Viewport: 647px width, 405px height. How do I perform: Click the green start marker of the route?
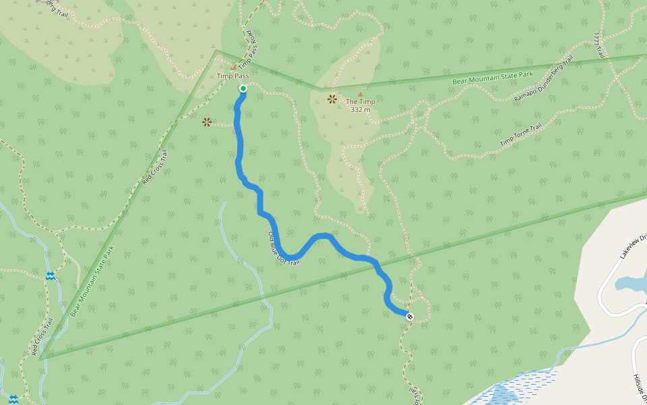[x=243, y=88]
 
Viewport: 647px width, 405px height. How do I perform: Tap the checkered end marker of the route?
[x=410, y=315]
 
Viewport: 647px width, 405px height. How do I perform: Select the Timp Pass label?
[x=233, y=76]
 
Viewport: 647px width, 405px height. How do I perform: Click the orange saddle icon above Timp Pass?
[x=233, y=67]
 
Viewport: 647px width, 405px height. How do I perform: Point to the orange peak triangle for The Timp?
[x=360, y=94]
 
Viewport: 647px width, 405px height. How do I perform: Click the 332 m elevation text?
[x=361, y=109]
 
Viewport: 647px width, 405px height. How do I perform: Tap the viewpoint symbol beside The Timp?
[x=332, y=99]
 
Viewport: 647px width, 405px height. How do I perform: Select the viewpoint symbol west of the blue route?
[x=206, y=122]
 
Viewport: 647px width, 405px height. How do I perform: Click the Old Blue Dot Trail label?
[x=283, y=248]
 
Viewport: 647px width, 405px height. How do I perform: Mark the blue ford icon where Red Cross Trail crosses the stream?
[x=50, y=276]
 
